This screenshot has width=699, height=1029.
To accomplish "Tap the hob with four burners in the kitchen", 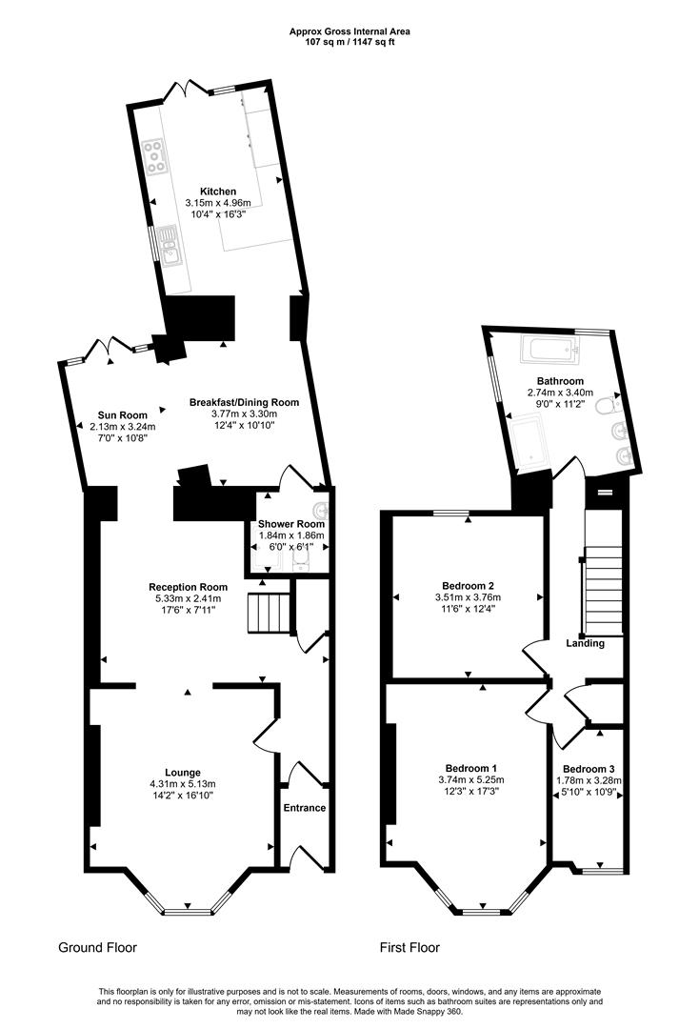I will tap(154, 156).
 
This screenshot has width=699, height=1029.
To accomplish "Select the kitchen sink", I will tap(170, 245).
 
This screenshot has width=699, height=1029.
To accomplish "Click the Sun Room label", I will tap(123, 414).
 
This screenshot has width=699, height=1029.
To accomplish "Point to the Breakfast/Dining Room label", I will tap(244, 402).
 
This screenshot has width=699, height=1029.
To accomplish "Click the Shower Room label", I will tap(291, 524).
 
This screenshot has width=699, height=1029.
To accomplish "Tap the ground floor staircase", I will tap(268, 611).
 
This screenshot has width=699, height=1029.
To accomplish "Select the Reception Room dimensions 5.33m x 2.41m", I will tap(188, 598).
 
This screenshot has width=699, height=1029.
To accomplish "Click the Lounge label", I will tap(182, 772).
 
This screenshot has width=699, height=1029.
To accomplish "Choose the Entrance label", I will tap(305, 808).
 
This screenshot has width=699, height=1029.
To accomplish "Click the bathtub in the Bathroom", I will tap(549, 352).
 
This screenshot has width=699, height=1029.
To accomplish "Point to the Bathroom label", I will tap(560, 381).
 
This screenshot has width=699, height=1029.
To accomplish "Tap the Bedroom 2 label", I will tap(468, 585).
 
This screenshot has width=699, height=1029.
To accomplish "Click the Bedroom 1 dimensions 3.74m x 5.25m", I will tap(469, 779).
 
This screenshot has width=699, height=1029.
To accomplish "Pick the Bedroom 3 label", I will tap(588, 769).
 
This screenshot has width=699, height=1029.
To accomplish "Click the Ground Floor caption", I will tap(97, 948).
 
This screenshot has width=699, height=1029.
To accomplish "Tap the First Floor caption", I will tap(409, 948).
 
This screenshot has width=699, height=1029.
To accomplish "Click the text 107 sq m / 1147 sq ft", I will tap(349, 41).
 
